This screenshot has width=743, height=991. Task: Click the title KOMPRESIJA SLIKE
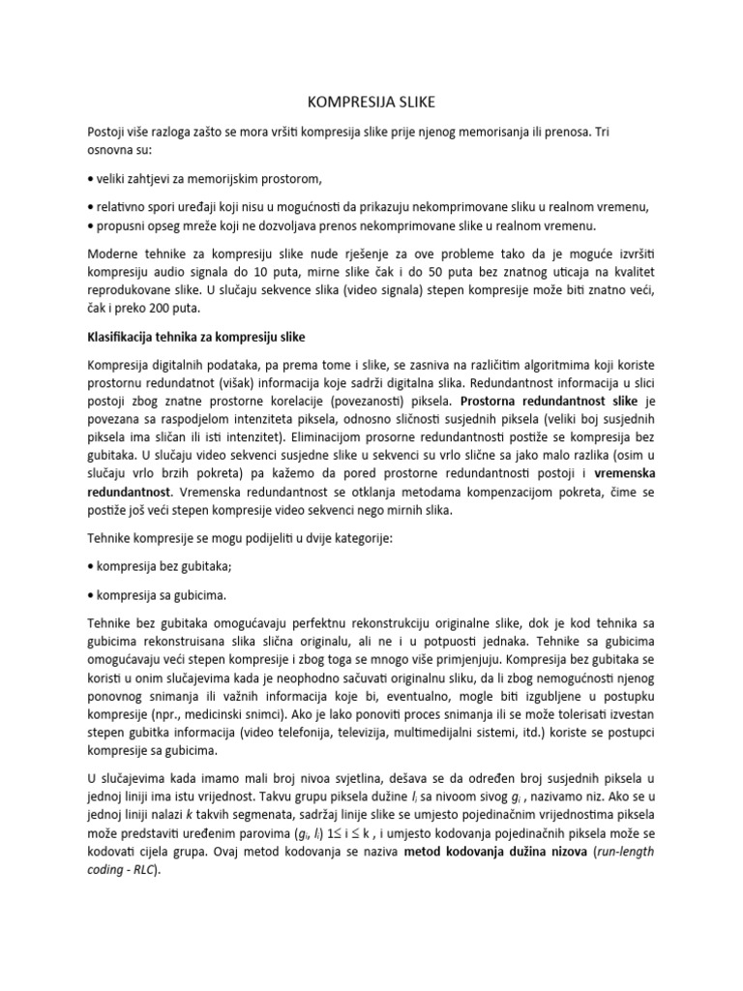371,102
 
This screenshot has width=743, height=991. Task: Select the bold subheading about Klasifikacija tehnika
206,338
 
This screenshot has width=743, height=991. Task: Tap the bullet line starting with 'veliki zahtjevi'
206,179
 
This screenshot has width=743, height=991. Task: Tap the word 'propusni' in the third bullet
119,224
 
